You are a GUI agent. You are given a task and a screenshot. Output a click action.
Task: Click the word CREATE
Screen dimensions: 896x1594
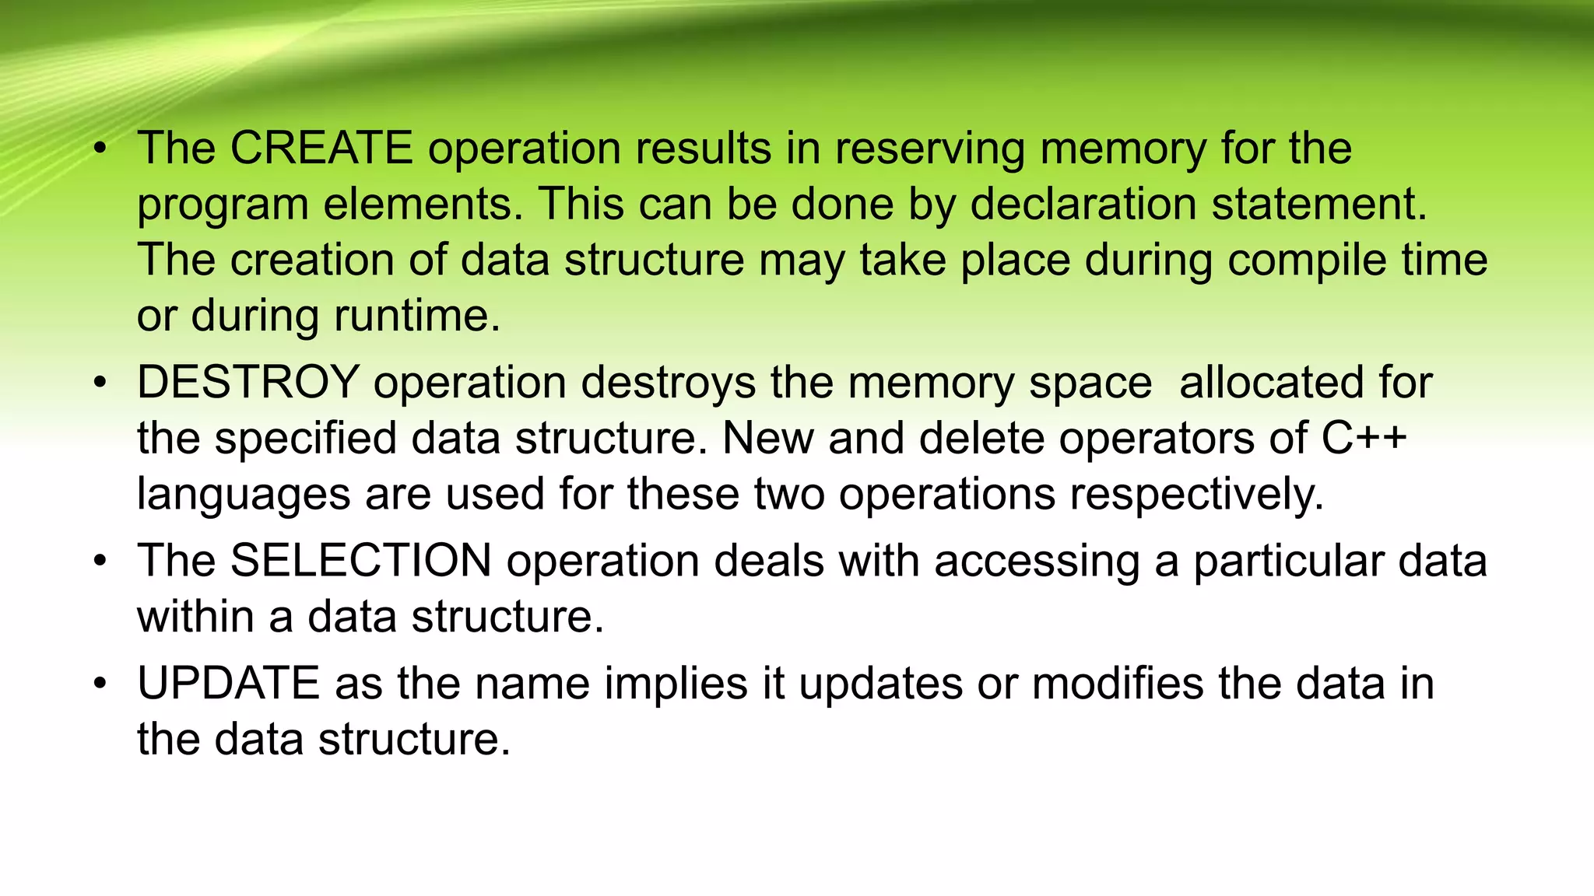tap(321, 148)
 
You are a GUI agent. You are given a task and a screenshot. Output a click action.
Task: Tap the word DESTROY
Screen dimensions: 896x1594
tap(248, 383)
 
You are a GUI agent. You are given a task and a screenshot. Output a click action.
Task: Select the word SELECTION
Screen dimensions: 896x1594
tap(360, 561)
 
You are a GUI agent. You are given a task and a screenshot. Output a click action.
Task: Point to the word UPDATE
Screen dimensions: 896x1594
tap(228, 684)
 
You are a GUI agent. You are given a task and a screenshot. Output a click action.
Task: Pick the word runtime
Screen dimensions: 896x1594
tap(416, 316)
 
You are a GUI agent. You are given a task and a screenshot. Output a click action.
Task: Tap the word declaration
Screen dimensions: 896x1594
tap(1083, 205)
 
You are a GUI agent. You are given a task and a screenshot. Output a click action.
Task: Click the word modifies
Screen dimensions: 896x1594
tap(1118, 684)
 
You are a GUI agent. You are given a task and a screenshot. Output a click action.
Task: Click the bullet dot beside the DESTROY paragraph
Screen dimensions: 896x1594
tap(100, 383)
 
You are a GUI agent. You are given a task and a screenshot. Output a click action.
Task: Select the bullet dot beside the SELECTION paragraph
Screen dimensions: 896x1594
tap(100, 562)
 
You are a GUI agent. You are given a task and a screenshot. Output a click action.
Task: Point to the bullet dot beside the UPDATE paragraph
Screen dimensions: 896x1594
tap(100, 684)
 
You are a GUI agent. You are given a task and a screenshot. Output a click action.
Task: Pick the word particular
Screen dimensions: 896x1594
tap(1288, 562)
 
